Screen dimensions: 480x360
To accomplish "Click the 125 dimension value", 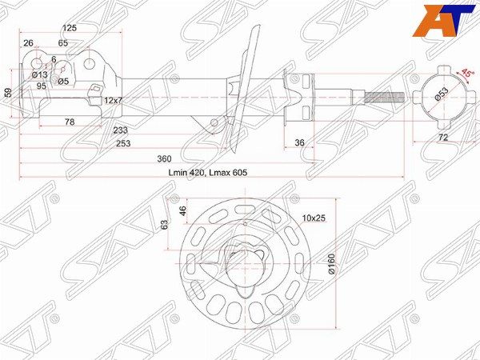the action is pos(70,28).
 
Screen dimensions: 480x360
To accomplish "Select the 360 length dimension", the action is pos(164,159).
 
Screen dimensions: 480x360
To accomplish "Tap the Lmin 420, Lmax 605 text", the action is pos(208,173).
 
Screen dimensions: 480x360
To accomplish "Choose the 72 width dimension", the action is pos(443,138).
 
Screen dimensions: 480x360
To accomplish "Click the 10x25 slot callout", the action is pos(314,218).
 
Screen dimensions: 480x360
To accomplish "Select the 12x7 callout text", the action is pos(113,100).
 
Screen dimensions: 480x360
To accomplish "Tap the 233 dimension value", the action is pos(120,130).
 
